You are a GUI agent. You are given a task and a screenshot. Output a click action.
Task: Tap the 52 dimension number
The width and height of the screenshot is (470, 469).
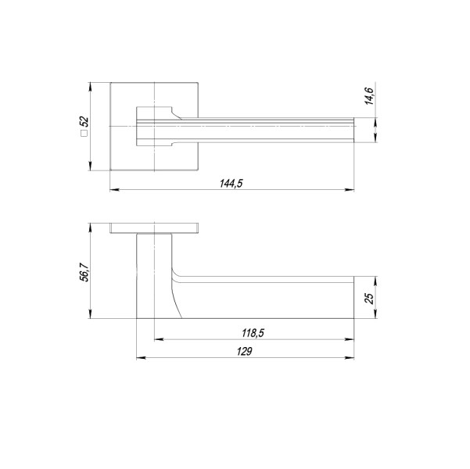pos(84,123)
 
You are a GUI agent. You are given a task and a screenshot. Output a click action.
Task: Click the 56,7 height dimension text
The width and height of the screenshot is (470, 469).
pos(84,273)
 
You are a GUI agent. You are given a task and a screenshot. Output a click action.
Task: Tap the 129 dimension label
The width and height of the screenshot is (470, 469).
pos(242,352)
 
